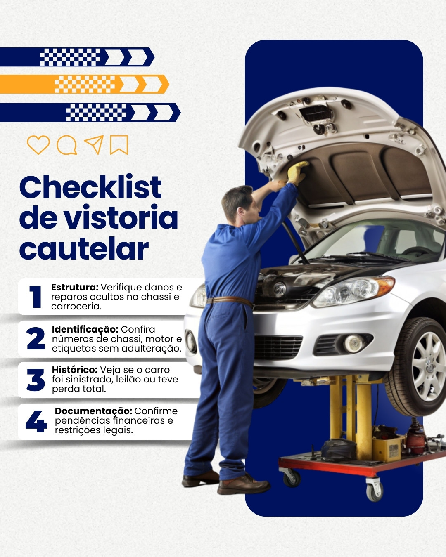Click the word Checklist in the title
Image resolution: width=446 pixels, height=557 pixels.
[x=90, y=187]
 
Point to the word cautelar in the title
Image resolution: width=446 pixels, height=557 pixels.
[x=84, y=248]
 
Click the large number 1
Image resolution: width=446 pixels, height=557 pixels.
[x=36, y=297]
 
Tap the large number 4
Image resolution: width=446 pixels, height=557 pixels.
[x=36, y=421]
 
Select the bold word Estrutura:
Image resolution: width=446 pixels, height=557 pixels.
[x=75, y=287]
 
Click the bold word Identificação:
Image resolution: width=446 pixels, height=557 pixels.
[x=85, y=330]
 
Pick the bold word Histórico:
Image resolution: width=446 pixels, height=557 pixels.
[x=75, y=370]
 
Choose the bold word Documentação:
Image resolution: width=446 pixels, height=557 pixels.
[x=94, y=411]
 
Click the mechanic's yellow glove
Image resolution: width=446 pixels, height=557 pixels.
[x=297, y=172]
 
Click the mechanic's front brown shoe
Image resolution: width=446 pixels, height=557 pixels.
[x=243, y=484]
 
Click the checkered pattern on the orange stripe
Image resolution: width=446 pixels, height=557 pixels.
[x=85, y=84]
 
